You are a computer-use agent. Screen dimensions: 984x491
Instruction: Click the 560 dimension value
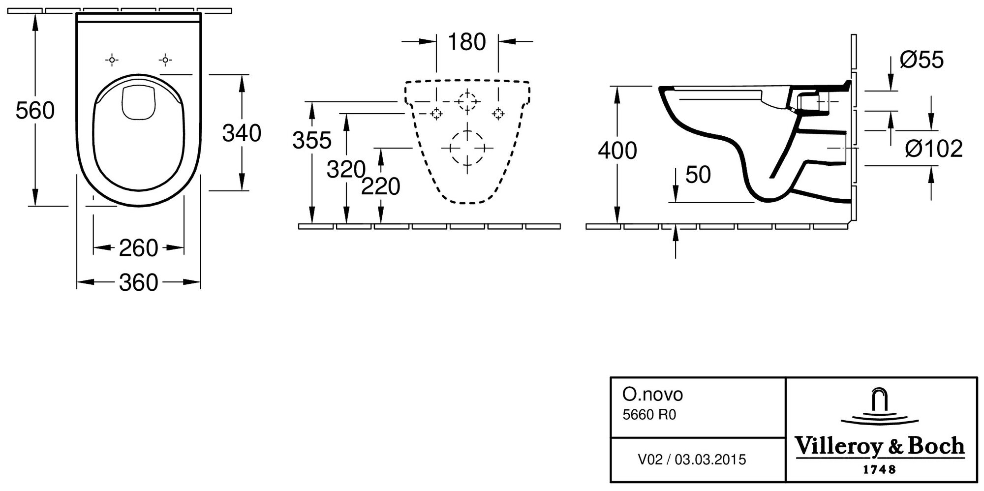(x=35, y=111)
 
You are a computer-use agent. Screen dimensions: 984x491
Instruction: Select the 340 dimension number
(x=242, y=133)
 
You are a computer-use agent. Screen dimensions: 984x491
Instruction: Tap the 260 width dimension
(x=138, y=248)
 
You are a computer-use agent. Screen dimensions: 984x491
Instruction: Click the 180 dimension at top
(x=466, y=42)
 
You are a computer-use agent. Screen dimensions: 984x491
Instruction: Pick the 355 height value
(x=312, y=141)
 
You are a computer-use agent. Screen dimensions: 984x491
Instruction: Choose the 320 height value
(x=346, y=170)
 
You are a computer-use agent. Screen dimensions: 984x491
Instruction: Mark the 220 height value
(x=380, y=187)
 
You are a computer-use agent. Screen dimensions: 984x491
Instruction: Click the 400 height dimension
(x=617, y=151)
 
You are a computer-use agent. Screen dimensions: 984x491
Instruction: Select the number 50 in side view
(x=698, y=175)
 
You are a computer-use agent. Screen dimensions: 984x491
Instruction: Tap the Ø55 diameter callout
(x=922, y=61)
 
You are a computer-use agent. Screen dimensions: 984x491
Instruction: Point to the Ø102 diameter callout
(x=934, y=149)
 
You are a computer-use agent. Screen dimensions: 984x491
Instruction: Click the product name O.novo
(x=652, y=395)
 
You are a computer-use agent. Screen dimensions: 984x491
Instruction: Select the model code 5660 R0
(x=649, y=415)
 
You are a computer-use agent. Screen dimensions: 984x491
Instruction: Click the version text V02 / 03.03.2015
(x=692, y=460)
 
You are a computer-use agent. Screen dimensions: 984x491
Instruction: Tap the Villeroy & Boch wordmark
(x=880, y=446)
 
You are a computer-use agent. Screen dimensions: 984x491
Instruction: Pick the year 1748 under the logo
(x=880, y=470)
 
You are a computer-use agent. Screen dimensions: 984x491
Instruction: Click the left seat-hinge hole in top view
(x=112, y=61)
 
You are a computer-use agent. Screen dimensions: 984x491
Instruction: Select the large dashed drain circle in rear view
(x=467, y=148)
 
